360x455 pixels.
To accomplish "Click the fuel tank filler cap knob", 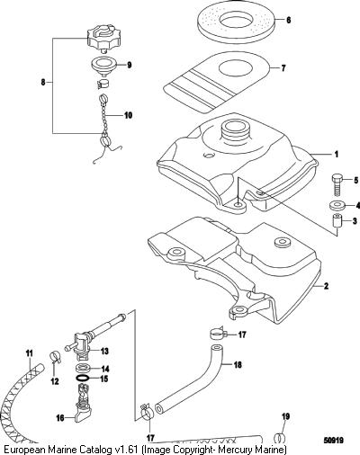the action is point(101,39).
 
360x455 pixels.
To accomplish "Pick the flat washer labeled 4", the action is point(336,206).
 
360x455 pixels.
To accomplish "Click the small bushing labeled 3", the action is point(337,222).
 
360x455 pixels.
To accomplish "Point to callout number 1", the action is point(337,155).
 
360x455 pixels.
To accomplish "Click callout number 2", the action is point(327,286).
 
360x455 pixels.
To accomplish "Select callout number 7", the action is point(283,68).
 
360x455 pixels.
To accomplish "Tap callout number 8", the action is point(43,82).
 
